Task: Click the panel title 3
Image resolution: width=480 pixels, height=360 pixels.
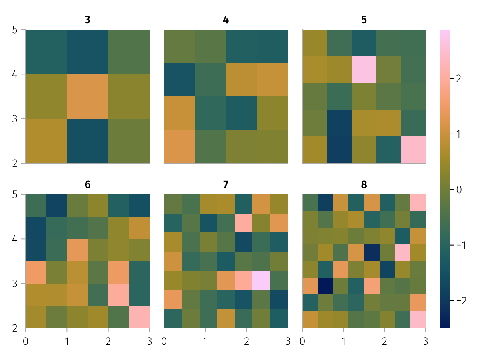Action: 88,20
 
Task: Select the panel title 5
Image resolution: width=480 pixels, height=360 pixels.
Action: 364,20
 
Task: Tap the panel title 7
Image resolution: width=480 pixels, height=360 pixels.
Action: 226,185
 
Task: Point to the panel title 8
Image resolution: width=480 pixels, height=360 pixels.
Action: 364,185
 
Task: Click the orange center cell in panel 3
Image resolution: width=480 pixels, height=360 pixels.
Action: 88,96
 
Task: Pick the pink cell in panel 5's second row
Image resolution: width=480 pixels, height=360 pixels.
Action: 364,70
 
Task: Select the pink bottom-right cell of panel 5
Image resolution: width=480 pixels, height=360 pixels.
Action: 413,150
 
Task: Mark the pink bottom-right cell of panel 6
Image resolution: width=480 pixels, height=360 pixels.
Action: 139,317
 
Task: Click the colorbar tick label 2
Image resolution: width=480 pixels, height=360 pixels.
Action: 458,79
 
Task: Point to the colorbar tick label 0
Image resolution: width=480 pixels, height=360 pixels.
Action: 458,190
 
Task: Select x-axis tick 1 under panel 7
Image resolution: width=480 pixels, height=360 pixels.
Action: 205,341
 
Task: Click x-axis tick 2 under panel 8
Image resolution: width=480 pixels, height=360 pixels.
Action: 384,341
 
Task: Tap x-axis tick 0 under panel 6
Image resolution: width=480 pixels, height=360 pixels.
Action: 26,341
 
